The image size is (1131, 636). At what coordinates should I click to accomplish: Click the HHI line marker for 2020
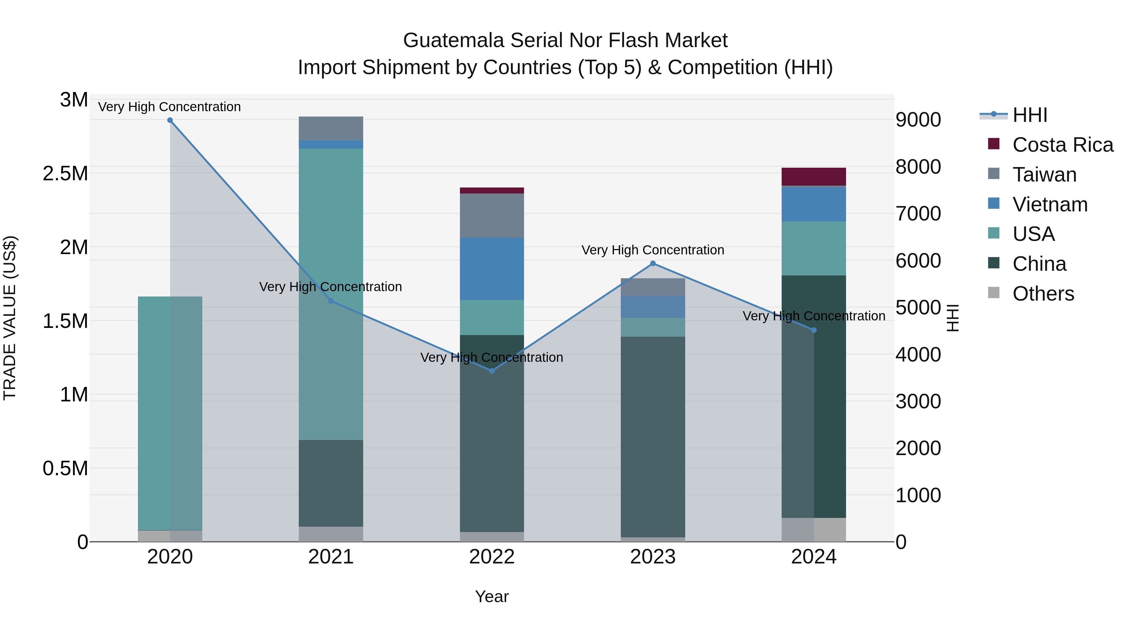pos(170,120)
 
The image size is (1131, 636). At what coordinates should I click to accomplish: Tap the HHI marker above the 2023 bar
pos(653,264)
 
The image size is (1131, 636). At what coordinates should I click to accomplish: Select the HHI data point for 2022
pos(492,371)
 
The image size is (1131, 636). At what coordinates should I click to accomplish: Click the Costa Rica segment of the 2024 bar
pos(814,177)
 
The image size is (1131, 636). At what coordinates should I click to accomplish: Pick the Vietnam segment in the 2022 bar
pos(492,269)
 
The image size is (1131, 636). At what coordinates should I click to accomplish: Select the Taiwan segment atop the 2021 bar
pos(331,128)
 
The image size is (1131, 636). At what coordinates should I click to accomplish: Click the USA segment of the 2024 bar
pos(814,248)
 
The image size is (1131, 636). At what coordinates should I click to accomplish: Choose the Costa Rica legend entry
pos(1063,145)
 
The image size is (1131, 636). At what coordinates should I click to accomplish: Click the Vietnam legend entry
pos(1050,204)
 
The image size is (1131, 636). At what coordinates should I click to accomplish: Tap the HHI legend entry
pos(1030,115)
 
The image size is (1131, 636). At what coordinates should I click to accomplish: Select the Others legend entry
pos(1043,294)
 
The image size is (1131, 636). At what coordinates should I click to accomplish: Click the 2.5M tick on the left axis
pos(65,174)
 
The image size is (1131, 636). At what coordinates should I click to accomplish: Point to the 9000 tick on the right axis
pos(918,120)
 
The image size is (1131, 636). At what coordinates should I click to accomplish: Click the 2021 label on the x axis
pos(331,557)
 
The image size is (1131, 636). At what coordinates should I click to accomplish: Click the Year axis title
pos(492,596)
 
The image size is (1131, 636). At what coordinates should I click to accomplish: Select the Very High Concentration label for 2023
pos(653,250)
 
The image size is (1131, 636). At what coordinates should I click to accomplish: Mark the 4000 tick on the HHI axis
pos(918,355)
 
